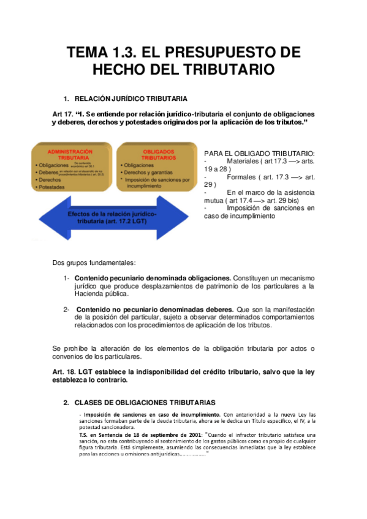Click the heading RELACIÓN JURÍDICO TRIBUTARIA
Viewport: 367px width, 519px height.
131,99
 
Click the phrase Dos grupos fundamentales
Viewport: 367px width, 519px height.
94,263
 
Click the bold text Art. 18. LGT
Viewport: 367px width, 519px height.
76,372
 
